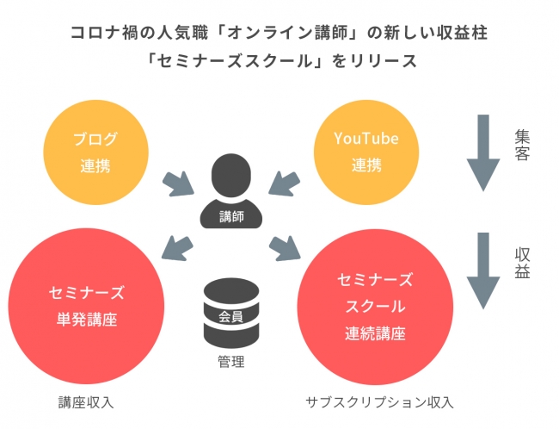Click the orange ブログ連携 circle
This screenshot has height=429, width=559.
96,152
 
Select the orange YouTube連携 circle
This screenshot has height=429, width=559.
366,152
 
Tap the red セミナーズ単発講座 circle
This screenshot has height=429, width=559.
86,306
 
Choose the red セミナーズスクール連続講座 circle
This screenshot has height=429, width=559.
375,307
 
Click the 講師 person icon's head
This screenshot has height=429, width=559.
231,175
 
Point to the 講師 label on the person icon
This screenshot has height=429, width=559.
231,216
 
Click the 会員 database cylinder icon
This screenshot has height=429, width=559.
231,313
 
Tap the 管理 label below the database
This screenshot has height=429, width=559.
231,362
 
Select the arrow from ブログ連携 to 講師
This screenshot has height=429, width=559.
178,183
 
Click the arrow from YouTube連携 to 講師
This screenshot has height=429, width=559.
284,183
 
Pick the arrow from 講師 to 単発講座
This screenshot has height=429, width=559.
177,247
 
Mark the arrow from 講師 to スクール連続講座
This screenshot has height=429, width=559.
285,247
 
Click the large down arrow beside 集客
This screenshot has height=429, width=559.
483,152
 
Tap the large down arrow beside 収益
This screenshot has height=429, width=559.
483,270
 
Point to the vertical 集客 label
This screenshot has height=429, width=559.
522,145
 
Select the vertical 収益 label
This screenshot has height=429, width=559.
522,263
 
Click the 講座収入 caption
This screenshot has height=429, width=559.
86,402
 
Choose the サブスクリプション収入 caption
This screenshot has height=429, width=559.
379,402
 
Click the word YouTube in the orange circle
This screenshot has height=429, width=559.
366,138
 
